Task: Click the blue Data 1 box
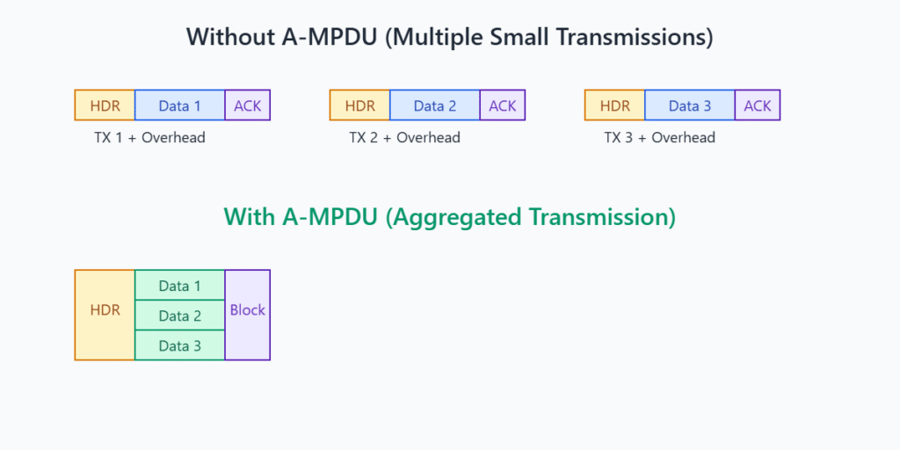pos(179,105)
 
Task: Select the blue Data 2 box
pos(434,105)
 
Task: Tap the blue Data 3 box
pos(689,105)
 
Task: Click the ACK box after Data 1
pos(247,105)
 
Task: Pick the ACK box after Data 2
pos(502,105)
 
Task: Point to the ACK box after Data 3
pos(757,105)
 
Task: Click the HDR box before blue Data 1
pos(105,105)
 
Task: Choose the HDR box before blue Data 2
pos(359,105)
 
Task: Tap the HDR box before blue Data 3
pos(614,105)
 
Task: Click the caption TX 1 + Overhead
pos(149,138)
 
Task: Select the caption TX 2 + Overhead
pos(404,138)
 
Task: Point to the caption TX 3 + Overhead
pos(659,138)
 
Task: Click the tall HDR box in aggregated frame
pos(105,316)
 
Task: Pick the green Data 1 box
pos(179,286)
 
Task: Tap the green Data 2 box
pos(179,316)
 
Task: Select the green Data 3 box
pos(179,345)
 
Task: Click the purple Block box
pos(247,316)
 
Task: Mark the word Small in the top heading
pos(535,37)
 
